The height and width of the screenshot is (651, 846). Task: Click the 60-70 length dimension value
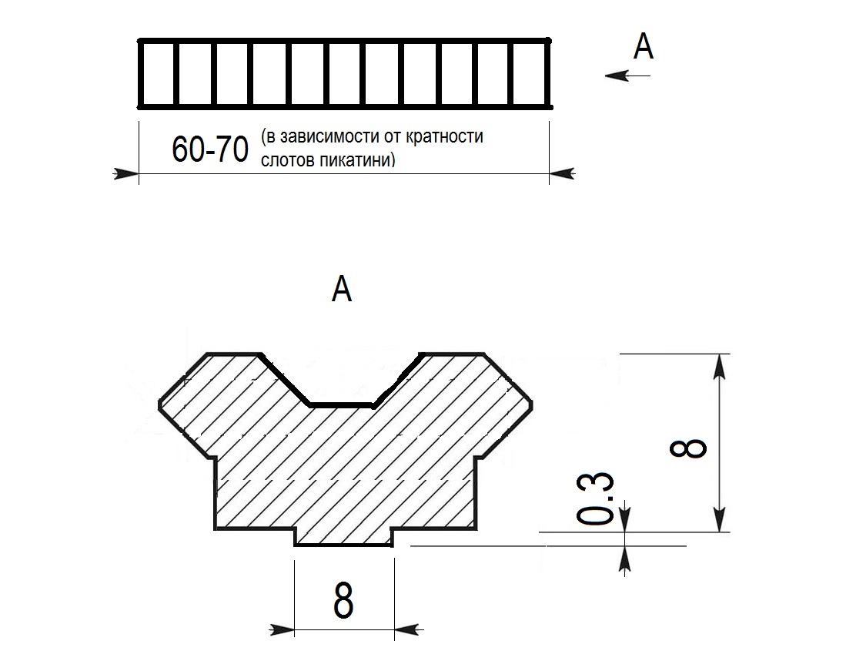pyautogui.click(x=210, y=149)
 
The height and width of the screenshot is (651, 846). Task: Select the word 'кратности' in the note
pyautogui.click(x=444, y=136)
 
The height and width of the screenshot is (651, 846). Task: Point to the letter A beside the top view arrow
pyautogui.click(x=643, y=46)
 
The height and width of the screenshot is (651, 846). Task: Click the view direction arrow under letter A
pyautogui.click(x=627, y=76)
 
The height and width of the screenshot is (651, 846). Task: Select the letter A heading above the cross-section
pyautogui.click(x=342, y=289)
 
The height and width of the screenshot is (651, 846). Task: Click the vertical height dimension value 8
pyautogui.click(x=688, y=448)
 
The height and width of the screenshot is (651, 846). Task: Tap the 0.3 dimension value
pyautogui.click(x=595, y=498)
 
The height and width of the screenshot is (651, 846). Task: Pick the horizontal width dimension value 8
pyautogui.click(x=343, y=599)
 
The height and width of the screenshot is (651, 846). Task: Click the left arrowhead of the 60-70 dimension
pyautogui.click(x=125, y=174)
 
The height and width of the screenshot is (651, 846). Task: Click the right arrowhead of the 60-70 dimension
pyautogui.click(x=562, y=174)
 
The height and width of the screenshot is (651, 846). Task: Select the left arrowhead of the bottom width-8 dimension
pyautogui.click(x=282, y=629)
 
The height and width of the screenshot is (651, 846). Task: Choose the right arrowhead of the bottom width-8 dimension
pyautogui.click(x=408, y=629)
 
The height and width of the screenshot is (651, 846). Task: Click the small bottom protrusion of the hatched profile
pyautogui.click(x=343, y=538)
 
